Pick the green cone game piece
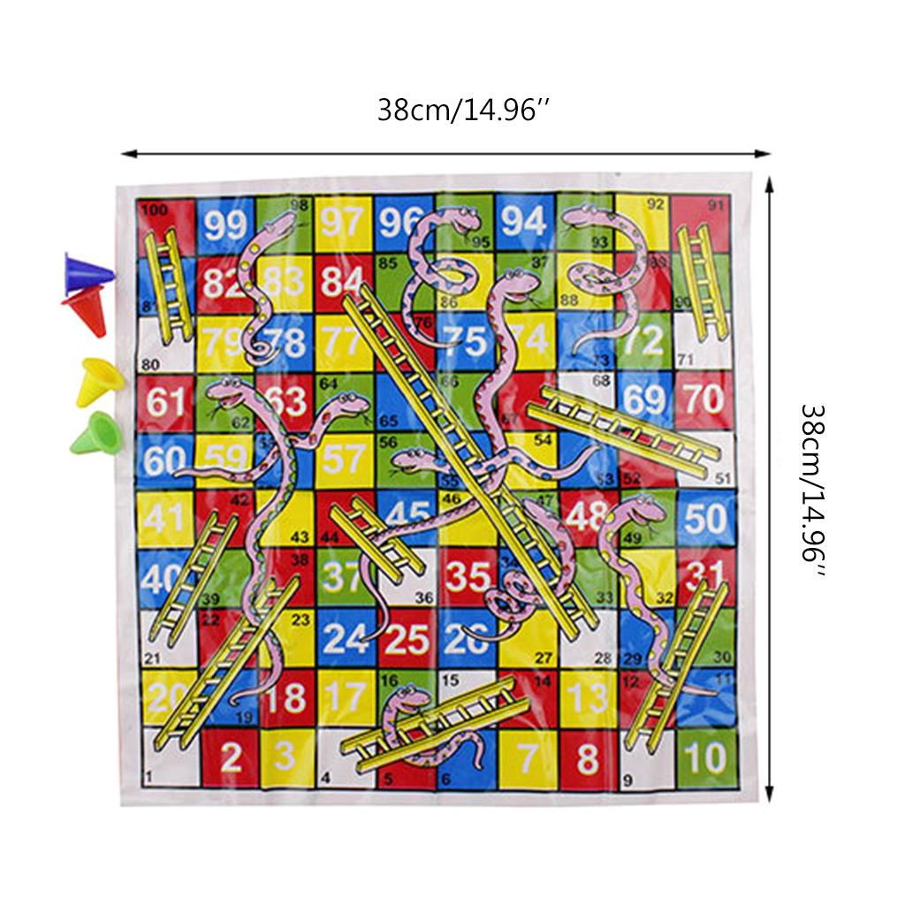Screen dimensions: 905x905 93,433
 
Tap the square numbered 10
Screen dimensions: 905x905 704,757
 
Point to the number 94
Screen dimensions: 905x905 523,221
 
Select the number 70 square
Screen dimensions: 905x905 704,399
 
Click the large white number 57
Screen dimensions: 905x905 343,459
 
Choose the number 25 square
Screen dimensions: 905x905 407,638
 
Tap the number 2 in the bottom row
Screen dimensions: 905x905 231,757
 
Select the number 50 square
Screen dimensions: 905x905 704,519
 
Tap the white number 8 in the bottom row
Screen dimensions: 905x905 587,757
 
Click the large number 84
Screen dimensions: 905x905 343,280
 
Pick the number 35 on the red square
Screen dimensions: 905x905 467,576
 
